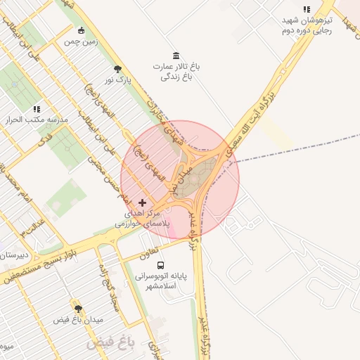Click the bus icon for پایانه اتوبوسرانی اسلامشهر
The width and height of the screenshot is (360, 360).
[162, 266]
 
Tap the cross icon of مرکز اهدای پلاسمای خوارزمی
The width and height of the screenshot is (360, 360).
[142, 202]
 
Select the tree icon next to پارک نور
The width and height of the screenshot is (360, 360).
[117, 69]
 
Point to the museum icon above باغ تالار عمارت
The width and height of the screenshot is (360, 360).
[176, 56]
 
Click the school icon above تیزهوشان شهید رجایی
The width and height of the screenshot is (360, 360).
[307, 10]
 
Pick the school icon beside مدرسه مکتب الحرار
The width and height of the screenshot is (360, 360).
[37, 110]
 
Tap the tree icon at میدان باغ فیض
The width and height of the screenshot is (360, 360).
[78, 309]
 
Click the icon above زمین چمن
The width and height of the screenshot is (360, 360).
[81, 30]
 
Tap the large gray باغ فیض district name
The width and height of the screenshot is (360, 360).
[110, 344]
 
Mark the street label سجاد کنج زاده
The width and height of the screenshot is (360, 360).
[109, 288]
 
